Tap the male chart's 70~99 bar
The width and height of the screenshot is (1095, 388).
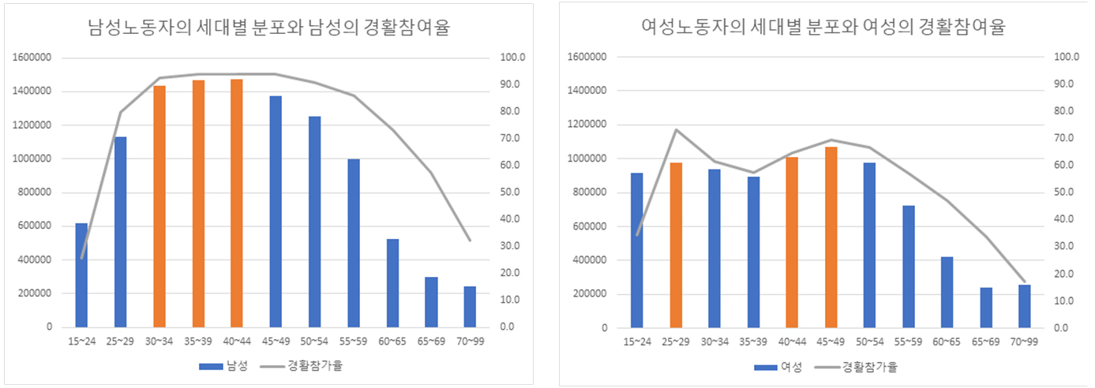[x=470, y=306]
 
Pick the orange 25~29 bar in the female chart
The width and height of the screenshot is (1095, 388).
[x=676, y=244]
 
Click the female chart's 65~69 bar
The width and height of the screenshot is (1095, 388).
[x=986, y=307]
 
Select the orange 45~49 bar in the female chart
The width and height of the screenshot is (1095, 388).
[x=831, y=237]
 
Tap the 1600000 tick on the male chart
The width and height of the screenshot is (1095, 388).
[x=32, y=58]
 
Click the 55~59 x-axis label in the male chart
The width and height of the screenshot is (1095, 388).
[x=353, y=341]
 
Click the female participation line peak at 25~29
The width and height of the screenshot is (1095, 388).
[x=676, y=129]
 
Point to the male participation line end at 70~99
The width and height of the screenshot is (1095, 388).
[x=470, y=240]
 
